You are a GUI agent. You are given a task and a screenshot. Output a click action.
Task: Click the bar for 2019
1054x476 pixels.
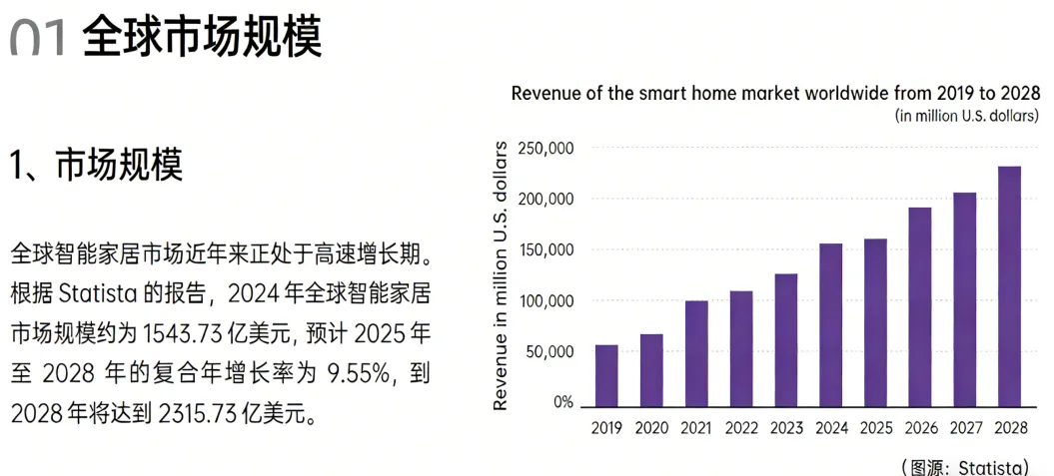coord(606,376)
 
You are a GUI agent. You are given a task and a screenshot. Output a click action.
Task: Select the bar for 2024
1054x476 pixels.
coord(830,325)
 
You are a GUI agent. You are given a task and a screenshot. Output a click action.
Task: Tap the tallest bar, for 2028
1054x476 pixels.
coord(1009,286)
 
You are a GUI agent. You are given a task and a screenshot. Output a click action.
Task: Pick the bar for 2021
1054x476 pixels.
coord(696,353)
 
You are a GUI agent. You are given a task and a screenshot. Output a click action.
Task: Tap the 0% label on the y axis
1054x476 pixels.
coord(562,403)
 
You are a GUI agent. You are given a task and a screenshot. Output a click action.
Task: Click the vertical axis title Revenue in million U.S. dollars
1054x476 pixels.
coord(502,275)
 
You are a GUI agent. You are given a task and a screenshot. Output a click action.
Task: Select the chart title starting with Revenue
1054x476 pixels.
coord(767,94)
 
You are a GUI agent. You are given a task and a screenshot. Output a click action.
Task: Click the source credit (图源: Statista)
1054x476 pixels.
coord(965,467)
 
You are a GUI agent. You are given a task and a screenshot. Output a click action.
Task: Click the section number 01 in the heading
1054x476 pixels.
coord(38,38)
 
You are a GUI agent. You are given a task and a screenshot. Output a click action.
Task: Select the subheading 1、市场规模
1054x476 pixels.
coord(97,165)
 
